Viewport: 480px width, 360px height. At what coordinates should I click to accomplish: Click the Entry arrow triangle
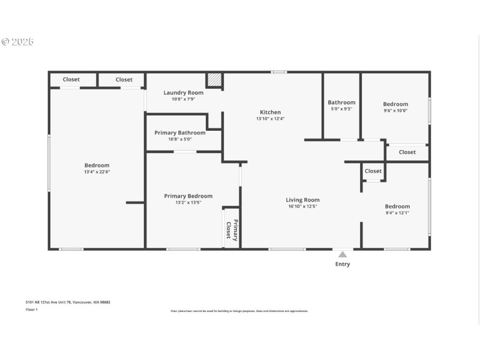coord(342,254)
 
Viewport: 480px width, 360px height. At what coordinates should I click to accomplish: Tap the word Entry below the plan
coord(343,264)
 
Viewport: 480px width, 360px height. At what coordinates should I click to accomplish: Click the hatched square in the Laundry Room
coord(214,80)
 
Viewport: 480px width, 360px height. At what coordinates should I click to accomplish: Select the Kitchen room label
coord(270,112)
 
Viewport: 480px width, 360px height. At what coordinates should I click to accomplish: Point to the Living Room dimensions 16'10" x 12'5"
coord(302,206)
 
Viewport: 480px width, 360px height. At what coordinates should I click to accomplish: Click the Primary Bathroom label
coord(180,133)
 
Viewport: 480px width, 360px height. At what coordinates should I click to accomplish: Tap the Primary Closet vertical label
coord(232,230)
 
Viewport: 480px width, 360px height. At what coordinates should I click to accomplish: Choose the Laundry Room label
coord(184,92)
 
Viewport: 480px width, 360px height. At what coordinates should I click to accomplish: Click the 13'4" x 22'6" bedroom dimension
coord(97,172)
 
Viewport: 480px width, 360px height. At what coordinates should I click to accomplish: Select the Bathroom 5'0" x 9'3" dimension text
coord(341,109)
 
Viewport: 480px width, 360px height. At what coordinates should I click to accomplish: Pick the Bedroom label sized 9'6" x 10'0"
coord(395,104)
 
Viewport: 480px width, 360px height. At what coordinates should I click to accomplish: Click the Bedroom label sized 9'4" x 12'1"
coord(397,206)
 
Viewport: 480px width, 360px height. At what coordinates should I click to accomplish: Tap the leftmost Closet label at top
coord(71,79)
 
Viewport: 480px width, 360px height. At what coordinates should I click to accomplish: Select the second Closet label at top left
coord(124,79)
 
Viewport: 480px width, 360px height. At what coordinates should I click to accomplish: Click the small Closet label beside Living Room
coord(373,171)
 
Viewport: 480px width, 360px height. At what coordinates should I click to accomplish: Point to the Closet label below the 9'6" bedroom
coord(407,152)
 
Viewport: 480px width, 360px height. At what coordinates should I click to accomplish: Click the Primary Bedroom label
coord(188,196)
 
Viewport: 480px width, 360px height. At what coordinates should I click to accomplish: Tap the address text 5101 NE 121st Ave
coord(68,302)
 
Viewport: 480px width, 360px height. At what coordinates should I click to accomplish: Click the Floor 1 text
coord(31,310)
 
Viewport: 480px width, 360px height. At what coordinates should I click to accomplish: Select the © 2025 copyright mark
coord(17,41)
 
